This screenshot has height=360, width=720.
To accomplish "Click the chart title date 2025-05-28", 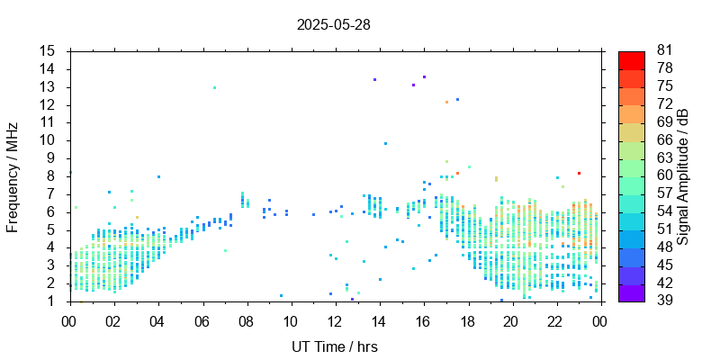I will click(333, 25).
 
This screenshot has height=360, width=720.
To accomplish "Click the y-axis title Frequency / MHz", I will click(13, 176).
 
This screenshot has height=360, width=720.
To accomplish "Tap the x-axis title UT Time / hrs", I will click(334, 346).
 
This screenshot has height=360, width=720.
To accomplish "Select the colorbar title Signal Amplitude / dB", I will click(683, 176).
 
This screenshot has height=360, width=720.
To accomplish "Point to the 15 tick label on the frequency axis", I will click(48, 51).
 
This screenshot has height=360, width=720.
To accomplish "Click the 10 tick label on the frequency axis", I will click(48, 140).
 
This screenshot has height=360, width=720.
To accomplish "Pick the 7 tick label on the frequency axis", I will click(51, 193).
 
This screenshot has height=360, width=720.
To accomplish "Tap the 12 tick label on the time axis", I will click(335, 320).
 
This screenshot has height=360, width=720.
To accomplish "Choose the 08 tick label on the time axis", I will click(247, 320).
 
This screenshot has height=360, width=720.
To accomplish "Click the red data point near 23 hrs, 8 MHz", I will click(579, 173).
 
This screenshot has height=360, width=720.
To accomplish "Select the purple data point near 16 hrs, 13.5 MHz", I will click(424, 76).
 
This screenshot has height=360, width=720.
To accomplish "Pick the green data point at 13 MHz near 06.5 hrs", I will click(214, 87).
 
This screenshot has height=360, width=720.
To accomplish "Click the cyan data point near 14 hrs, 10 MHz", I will click(385, 143).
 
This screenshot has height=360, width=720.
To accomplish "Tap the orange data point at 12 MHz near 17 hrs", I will click(446, 102).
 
